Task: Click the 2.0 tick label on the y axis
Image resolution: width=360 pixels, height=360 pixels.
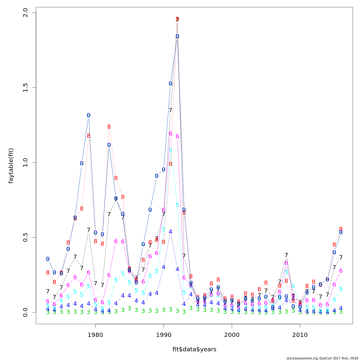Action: coord(25,13)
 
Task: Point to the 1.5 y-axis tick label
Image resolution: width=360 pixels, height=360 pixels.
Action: coord(25,88)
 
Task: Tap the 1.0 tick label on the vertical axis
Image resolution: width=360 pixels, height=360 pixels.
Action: coord(25,162)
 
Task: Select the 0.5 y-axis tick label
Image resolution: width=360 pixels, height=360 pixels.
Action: coord(25,237)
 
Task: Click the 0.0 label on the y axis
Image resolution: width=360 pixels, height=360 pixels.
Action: coord(25,312)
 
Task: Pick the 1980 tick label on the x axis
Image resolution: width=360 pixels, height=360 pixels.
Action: coord(95,335)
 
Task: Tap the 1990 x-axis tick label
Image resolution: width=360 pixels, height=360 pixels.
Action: coord(163,335)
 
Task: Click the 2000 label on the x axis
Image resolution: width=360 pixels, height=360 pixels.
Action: coord(232,335)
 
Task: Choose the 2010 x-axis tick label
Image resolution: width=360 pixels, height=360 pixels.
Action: coord(300,335)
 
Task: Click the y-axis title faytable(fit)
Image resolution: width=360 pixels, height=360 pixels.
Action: coord(11,166)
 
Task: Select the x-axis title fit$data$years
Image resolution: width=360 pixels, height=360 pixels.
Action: coord(194,349)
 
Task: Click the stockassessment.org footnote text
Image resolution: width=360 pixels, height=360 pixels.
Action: coord(322,358)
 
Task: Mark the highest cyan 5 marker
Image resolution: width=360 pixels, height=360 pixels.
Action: coord(170,150)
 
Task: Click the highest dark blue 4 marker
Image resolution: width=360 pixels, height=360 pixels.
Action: coord(170,232)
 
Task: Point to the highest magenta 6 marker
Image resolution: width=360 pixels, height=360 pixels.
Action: coord(170,133)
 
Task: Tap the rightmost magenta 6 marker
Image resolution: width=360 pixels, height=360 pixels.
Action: coord(341,271)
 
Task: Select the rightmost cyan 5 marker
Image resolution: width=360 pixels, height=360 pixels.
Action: coord(341,289)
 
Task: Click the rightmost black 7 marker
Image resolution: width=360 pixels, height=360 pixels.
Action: coord(341,257)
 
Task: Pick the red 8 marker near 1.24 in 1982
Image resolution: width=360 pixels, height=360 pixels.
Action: coord(109,127)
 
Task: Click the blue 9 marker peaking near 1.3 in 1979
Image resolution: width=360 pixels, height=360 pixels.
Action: coord(88,115)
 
